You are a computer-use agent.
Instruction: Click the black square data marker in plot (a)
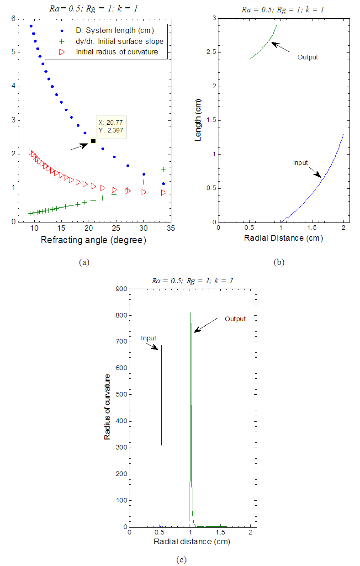click(x=93, y=141)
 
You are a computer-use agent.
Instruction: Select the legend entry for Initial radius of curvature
click(x=116, y=52)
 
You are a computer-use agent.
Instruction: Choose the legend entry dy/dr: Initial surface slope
click(x=119, y=41)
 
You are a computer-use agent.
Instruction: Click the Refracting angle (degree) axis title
click(x=93, y=240)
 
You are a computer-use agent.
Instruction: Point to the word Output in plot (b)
click(x=307, y=58)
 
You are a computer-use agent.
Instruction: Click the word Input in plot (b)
click(x=300, y=163)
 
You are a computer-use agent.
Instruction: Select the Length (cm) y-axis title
click(x=198, y=121)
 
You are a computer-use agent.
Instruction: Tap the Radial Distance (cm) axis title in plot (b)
click(x=283, y=238)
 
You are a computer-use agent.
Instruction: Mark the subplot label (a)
click(x=83, y=262)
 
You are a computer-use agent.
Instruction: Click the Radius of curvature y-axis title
click(x=107, y=406)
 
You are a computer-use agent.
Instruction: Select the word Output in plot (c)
click(x=235, y=319)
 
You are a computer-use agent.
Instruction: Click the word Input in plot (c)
click(x=148, y=338)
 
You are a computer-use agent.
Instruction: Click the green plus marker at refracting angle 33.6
click(x=163, y=169)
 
